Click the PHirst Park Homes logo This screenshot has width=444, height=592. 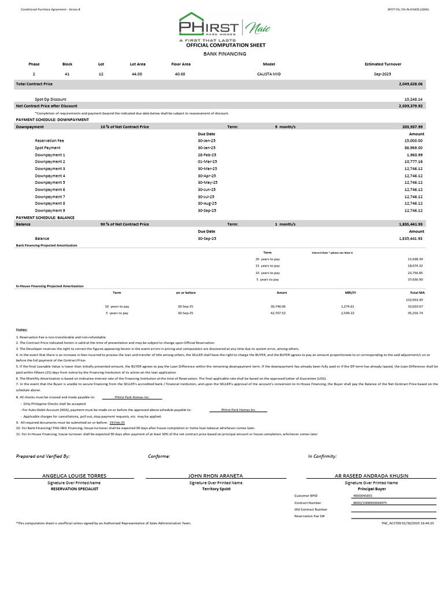click(x=221, y=27)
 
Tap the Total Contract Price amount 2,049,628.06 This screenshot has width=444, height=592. click(x=410, y=84)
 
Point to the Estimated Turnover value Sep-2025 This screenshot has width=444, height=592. click(x=383, y=74)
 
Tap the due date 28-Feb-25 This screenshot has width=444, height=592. click(x=206, y=155)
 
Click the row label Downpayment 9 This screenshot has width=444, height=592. click(x=50, y=210)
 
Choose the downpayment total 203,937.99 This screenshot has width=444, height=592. click(x=411, y=127)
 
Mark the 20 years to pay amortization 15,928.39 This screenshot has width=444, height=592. click(x=415, y=259)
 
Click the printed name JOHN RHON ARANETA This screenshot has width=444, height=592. click(x=216, y=476)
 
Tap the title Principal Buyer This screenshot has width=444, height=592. click(x=372, y=489)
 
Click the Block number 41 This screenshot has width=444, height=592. click(x=67, y=74)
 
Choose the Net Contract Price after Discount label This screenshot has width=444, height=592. click(x=46, y=106)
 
